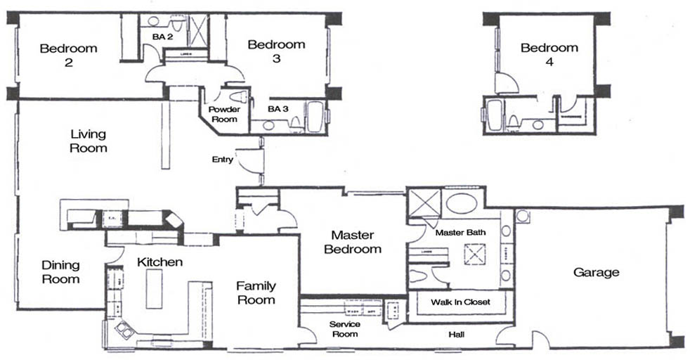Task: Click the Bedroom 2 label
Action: click(x=68, y=55)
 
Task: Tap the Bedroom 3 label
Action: click(x=276, y=51)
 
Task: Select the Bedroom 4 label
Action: click(x=549, y=54)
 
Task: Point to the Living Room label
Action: click(x=89, y=141)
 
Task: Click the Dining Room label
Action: click(x=60, y=271)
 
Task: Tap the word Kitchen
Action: click(x=160, y=262)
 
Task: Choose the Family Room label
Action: click(x=255, y=292)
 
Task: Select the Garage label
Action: click(x=596, y=272)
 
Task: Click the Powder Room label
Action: click(x=224, y=115)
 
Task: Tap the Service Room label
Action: click(x=345, y=329)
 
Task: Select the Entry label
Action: click(x=222, y=160)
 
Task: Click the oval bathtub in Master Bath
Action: click(x=461, y=203)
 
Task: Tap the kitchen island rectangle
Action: click(x=154, y=288)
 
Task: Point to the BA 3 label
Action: click(x=278, y=109)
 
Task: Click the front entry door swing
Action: click(x=249, y=161)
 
